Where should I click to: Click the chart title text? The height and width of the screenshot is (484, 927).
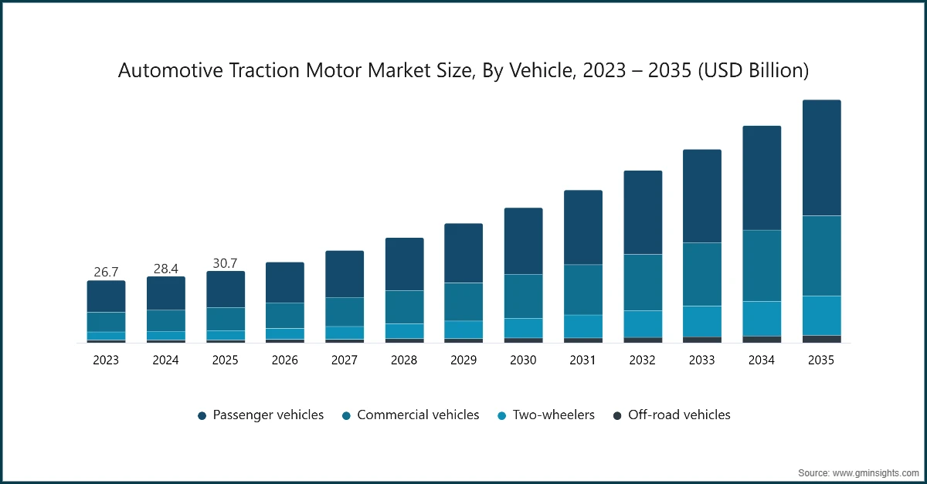tap(463, 71)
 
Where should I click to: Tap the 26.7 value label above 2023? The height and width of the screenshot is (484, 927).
tap(106, 272)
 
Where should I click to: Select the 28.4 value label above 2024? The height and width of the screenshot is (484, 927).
tap(165, 268)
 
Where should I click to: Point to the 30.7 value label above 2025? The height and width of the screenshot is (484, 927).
tap(225, 262)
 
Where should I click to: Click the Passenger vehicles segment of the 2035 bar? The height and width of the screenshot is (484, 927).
tap(822, 157)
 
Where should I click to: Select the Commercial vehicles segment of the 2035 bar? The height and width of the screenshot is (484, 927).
tap(822, 256)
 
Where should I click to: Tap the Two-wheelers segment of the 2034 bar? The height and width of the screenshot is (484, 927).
tap(762, 318)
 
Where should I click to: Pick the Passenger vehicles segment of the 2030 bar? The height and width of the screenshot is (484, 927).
tap(523, 241)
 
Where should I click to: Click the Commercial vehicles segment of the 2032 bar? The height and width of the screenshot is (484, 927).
tap(643, 283)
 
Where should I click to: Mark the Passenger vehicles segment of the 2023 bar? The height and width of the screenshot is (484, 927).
tap(106, 296)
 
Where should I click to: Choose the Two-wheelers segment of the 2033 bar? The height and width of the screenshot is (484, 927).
tap(702, 321)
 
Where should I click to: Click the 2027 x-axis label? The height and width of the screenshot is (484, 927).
tap(345, 360)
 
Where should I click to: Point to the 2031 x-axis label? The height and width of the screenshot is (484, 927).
tap(583, 360)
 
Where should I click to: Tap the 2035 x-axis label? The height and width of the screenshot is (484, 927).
tap(822, 360)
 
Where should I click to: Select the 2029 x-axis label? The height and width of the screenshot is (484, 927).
tap(463, 360)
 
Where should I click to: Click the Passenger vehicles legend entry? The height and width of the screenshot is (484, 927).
tap(261, 415)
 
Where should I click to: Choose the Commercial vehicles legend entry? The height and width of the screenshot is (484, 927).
tap(411, 415)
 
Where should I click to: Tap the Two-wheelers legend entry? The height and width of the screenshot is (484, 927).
tap(545, 415)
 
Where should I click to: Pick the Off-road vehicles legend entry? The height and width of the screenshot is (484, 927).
tap(671, 415)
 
